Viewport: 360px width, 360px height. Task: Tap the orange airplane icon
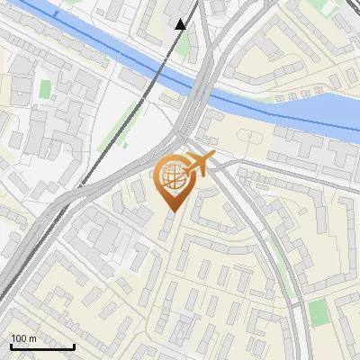coord(199,162)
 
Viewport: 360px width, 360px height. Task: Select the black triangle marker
coord(181,24)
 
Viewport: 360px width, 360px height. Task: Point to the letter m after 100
coord(33,338)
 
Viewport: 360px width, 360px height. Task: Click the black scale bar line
coord(42,346)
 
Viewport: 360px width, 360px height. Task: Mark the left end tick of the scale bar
coord(11,345)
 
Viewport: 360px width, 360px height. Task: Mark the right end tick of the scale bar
coord(74,345)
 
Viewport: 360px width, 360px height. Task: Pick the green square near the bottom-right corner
coord(319,313)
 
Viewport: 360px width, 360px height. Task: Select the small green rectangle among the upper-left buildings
coord(45,89)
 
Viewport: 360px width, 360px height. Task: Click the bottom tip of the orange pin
coord(172,211)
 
